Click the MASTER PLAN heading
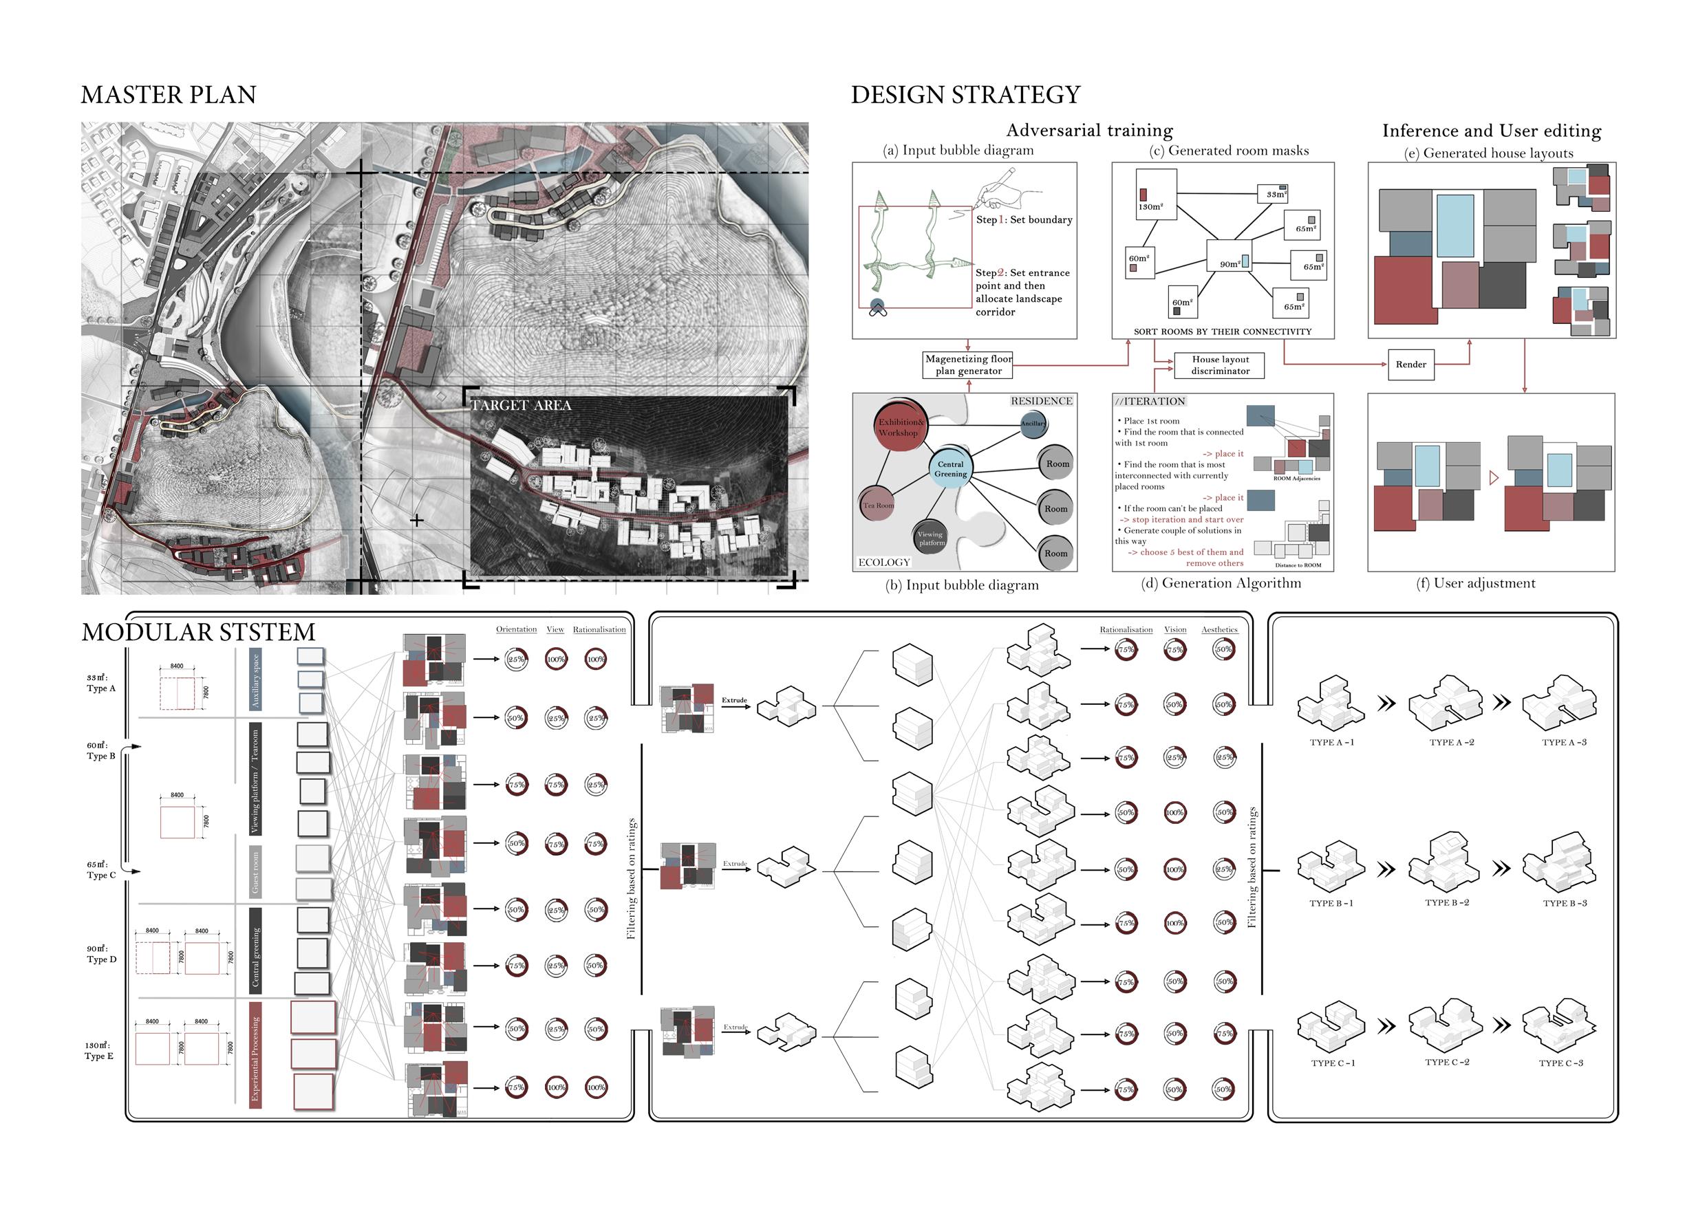click(168, 95)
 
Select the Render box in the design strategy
click(1410, 365)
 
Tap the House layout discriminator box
click(1220, 365)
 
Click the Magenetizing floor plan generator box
click(968, 365)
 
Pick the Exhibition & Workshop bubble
click(901, 426)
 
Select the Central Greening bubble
click(950, 468)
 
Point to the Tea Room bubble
click(877, 505)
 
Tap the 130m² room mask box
click(1156, 195)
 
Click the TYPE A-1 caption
click(1331, 743)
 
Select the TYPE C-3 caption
click(1560, 1063)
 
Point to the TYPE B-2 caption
click(1447, 902)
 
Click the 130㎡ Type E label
click(99, 1050)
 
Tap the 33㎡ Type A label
click(100, 683)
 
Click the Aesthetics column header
click(1219, 629)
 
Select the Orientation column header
click(516, 629)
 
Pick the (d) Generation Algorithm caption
click(1221, 583)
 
